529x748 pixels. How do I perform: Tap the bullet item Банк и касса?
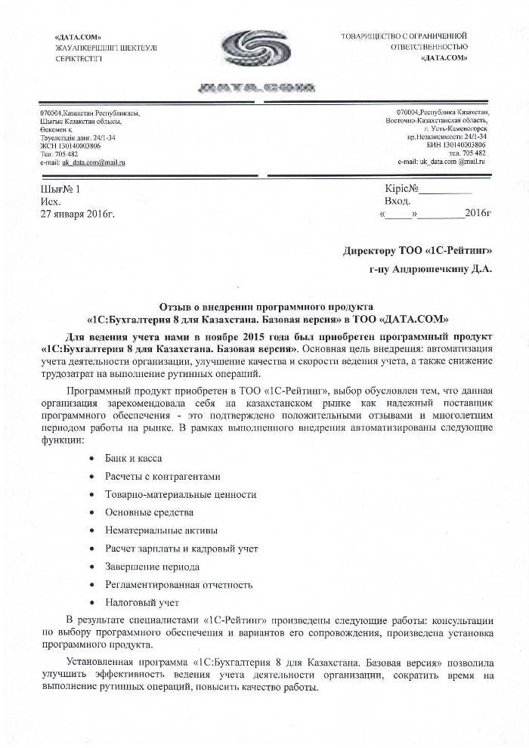(x=133, y=459)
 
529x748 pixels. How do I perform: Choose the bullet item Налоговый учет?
(x=141, y=603)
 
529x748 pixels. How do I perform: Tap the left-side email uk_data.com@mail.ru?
(x=82, y=162)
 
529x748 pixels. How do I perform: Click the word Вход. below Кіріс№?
(x=398, y=202)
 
